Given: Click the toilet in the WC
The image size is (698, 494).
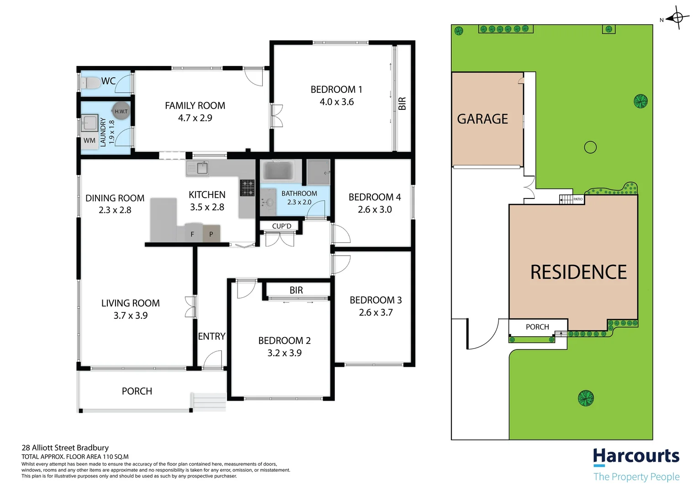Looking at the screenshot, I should pyautogui.click(x=91, y=83).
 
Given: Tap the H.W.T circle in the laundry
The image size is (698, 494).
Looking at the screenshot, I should pyautogui.click(x=121, y=111).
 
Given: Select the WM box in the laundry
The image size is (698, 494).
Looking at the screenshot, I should pyautogui.click(x=90, y=140).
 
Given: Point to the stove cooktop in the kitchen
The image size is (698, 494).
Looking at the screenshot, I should pyautogui.click(x=248, y=188).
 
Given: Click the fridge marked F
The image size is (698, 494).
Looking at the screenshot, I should pyautogui.click(x=192, y=234).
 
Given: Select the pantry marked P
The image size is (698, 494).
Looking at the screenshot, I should pyautogui.click(x=211, y=234).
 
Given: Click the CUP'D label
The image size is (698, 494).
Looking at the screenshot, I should pyautogui.click(x=281, y=226).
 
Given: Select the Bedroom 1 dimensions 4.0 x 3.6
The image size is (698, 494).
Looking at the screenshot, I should pyautogui.click(x=337, y=102).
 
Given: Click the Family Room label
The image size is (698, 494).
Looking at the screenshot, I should pyautogui.click(x=195, y=106).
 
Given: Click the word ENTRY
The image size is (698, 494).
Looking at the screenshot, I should pyautogui.click(x=212, y=336).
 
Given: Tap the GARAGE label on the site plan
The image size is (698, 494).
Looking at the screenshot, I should pyautogui.click(x=482, y=119).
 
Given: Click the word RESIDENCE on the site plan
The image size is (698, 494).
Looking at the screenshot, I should pyautogui.click(x=578, y=273).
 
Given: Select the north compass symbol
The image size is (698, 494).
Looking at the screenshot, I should pyautogui.click(x=677, y=18).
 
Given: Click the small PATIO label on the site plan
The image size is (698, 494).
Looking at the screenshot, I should pyautogui.click(x=578, y=199).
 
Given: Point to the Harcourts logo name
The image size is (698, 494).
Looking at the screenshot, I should pyautogui.click(x=636, y=456).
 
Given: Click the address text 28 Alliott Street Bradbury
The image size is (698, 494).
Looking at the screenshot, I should pyautogui.click(x=65, y=448).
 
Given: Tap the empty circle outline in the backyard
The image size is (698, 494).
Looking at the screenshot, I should pyautogui.click(x=590, y=147).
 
